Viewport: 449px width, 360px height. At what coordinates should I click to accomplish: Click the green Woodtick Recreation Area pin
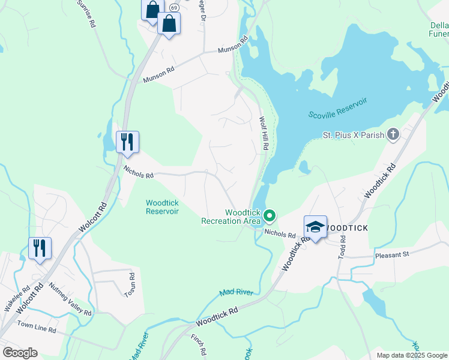270,215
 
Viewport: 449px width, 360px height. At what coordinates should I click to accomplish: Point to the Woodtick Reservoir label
162,207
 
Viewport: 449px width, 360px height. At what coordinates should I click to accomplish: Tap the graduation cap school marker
315,227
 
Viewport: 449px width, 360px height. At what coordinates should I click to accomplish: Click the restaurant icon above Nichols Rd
127,142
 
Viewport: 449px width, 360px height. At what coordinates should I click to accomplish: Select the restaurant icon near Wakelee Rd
40,248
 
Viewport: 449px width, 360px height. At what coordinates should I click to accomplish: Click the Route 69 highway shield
173,7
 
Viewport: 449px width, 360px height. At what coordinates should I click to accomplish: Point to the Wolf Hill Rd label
264,133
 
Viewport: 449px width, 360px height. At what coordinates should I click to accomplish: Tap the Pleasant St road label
391,254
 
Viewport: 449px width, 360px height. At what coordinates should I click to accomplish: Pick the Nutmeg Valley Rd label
70,299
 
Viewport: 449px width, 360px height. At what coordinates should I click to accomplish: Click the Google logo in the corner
20,352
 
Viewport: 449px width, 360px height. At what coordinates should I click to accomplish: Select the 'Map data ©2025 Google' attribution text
412,355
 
